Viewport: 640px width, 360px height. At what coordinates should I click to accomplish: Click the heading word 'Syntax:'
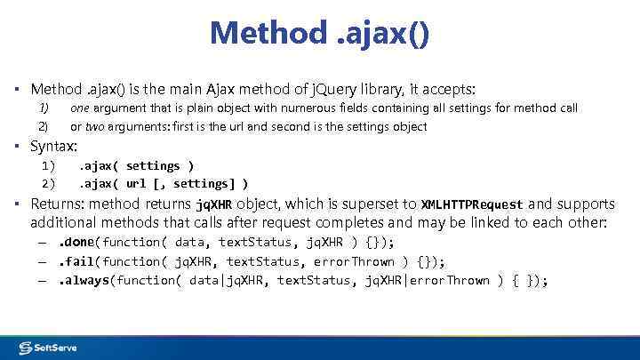coord(54,146)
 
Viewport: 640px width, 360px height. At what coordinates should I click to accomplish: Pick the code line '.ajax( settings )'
coord(137,166)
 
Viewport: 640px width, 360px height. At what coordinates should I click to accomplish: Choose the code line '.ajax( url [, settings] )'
coord(164,184)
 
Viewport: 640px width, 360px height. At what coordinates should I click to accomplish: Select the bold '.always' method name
coord(84,281)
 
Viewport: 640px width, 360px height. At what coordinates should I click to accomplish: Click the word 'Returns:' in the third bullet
coord(56,204)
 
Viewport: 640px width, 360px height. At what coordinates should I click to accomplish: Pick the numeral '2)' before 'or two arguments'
coord(43,127)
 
